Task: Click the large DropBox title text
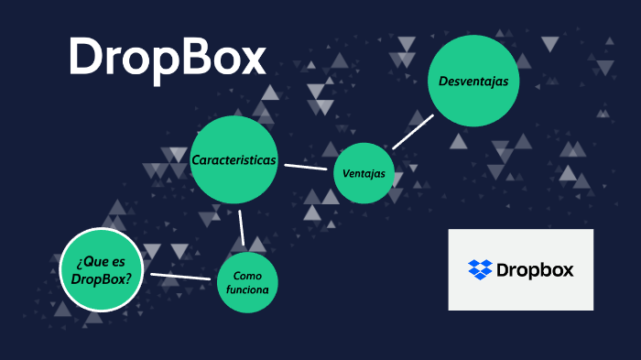click(167, 58)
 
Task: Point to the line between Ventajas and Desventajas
click(412, 131)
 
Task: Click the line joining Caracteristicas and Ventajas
click(306, 167)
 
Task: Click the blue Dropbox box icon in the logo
click(480, 269)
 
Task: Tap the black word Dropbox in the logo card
click(535, 269)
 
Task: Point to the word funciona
click(247, 290)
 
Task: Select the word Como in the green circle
click(247, 276)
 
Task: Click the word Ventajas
click(364, 174)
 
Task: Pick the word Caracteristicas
click(234, 159)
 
